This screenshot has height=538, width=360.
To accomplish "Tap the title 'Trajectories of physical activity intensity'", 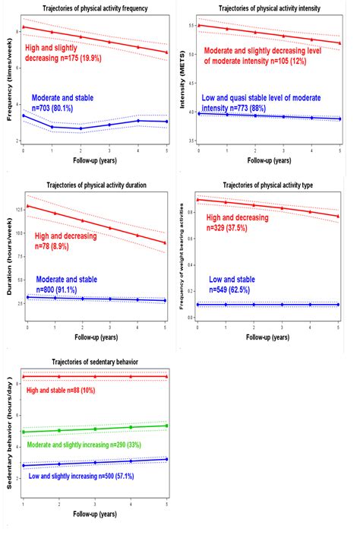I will pos(269,8).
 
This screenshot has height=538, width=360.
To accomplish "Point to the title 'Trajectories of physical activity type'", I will pos(270,185).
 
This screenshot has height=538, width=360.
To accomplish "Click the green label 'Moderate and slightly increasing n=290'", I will pos(90,444).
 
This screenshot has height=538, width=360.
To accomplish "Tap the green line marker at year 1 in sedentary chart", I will pos(24,432).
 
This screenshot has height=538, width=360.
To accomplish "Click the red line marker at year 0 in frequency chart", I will pos(24,27).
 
